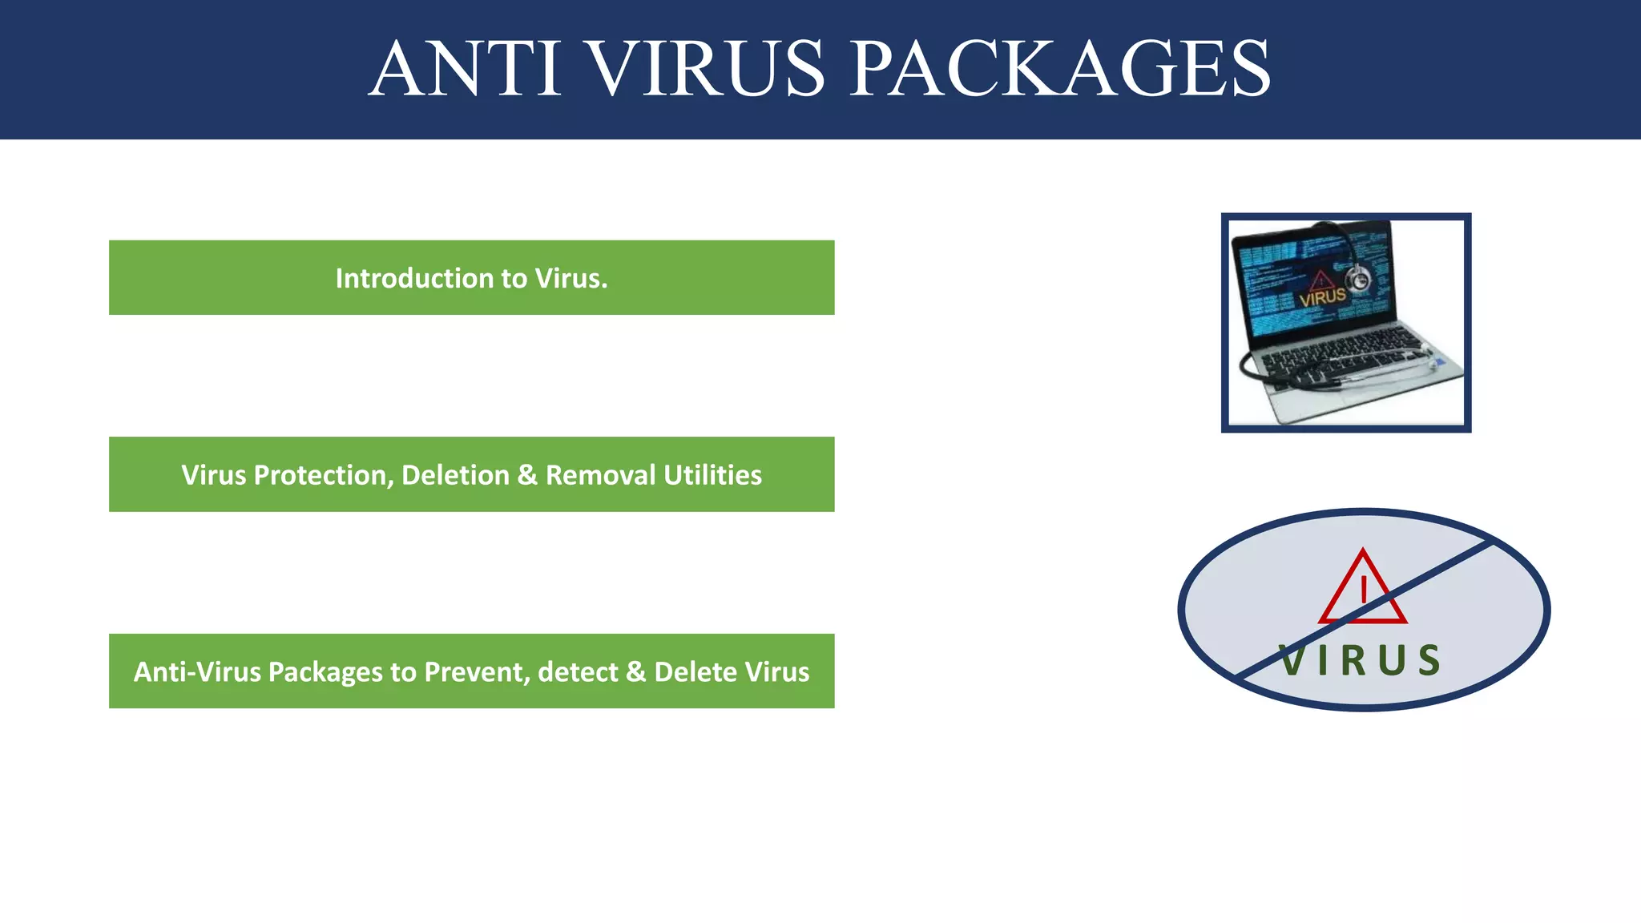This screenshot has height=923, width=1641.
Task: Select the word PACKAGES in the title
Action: click(1060, 70)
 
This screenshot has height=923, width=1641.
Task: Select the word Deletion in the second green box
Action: click(455, 475)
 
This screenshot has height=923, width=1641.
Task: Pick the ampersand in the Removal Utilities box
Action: click(527, 475)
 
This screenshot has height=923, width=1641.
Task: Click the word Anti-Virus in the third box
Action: click(197, 671)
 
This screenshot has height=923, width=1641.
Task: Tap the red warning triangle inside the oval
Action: click(1362, 589)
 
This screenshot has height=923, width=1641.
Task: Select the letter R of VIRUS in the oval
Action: click(1353, 661)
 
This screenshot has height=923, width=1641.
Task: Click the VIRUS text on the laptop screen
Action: click(1322, 297)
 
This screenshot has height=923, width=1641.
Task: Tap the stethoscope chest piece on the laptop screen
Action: click(1358, 279)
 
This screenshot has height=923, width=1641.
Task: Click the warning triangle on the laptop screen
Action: click(1320, 280)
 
